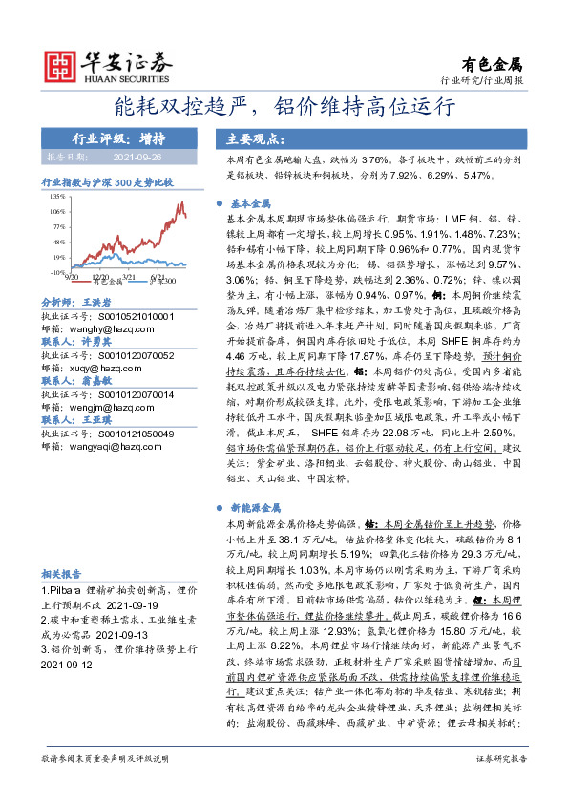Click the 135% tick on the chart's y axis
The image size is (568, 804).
[x=57, y=195]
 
